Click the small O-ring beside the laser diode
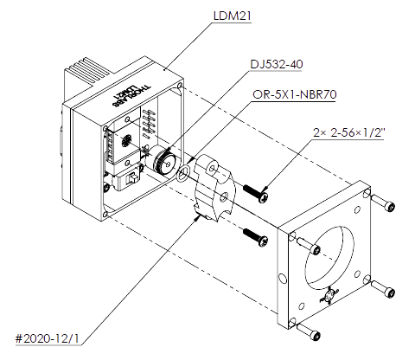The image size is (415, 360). (x=183, y=177)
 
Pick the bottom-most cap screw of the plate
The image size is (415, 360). (x=316, y=333)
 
